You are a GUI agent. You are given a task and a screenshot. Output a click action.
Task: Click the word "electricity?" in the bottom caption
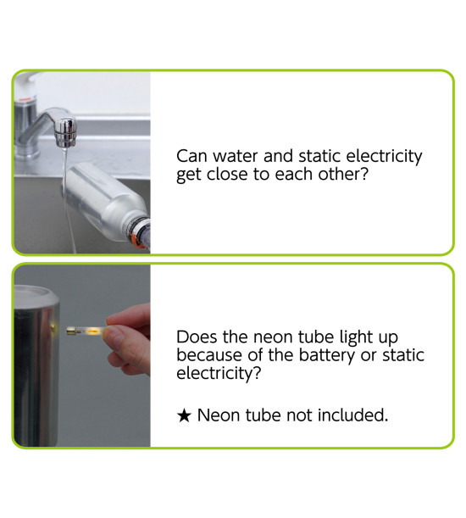pos(219,373)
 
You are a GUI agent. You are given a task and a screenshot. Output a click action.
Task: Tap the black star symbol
pos(184,415)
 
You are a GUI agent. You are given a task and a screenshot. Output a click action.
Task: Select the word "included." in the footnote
pos(352,415)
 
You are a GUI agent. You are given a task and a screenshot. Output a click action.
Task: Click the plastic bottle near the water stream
pos(105,202)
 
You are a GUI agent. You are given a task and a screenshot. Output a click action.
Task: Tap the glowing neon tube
pos(86,330)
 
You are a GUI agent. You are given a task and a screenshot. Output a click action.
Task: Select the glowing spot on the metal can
pos(53,328)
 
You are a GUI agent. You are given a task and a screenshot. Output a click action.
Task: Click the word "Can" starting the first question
pos(191,156)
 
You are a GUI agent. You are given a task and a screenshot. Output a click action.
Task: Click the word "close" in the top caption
pos(227,174)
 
